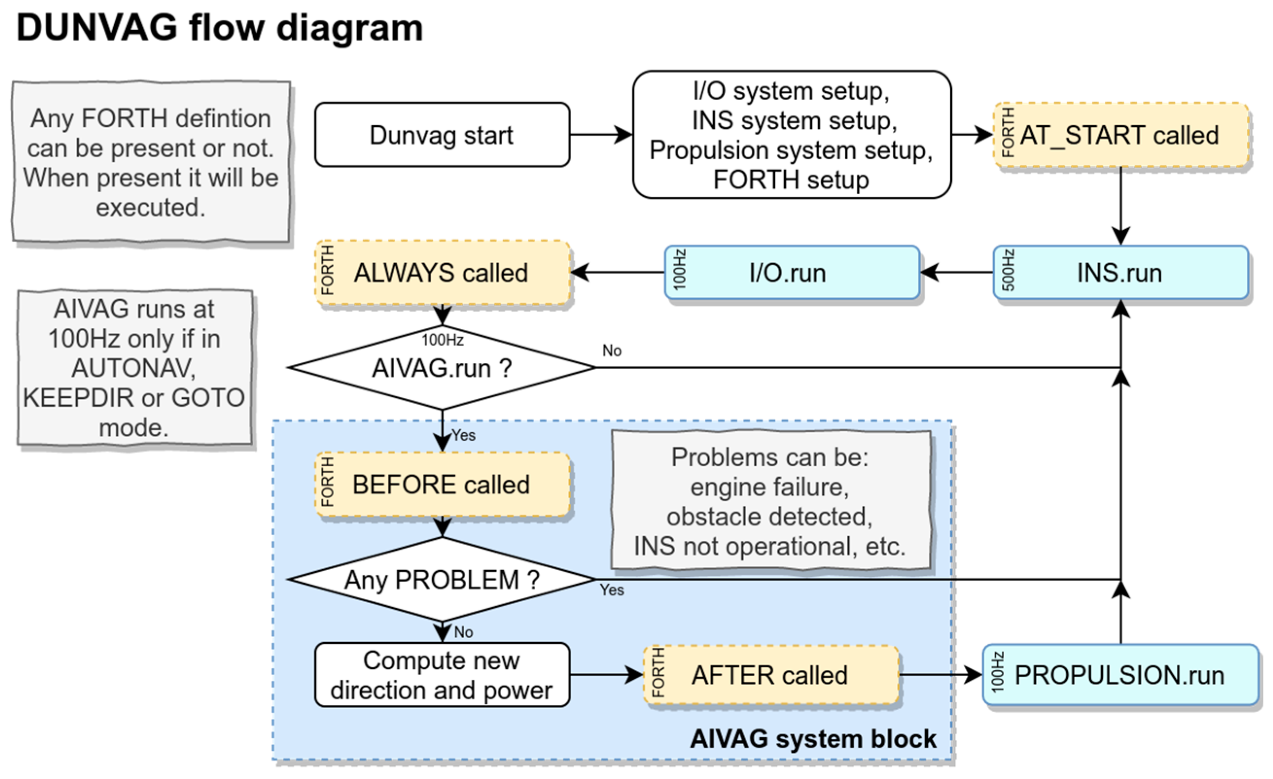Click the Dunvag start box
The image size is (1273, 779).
(442, 135)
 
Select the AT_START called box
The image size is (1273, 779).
(1120, 135)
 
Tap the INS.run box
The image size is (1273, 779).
(1120, 272)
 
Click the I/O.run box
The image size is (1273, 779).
(792, 272)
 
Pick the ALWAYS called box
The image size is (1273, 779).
(442, 272)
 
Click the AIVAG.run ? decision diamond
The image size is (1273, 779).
(442, 368)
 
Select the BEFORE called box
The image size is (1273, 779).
(442, 484)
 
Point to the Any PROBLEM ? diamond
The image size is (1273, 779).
(442, 579)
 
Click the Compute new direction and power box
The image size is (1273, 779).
(442, 675)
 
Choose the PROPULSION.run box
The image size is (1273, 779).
(1120, 675)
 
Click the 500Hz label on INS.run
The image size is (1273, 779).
(1008, 270)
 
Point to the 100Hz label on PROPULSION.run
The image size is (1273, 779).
(997, 672)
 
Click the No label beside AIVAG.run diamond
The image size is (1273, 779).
(611, 351)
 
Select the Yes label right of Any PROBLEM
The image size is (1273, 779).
(611, 590)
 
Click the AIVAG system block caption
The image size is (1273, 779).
(813, 739)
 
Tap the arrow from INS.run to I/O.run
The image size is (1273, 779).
(956, 272)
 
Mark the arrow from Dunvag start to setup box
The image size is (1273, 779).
(601, 135)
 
